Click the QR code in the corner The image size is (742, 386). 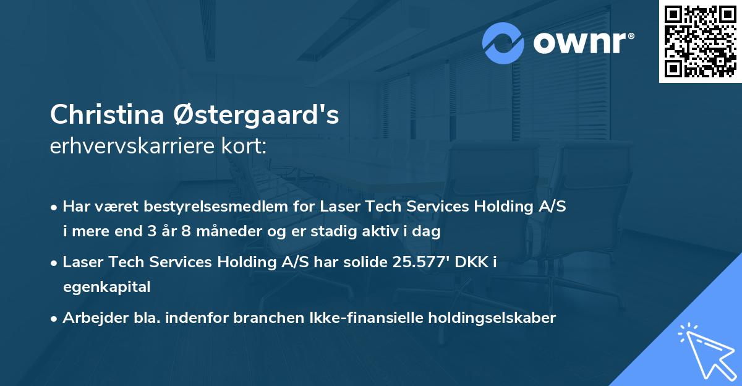[699, 41]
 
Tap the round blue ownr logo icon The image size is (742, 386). [503, 43]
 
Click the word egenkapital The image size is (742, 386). [106, 287]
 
